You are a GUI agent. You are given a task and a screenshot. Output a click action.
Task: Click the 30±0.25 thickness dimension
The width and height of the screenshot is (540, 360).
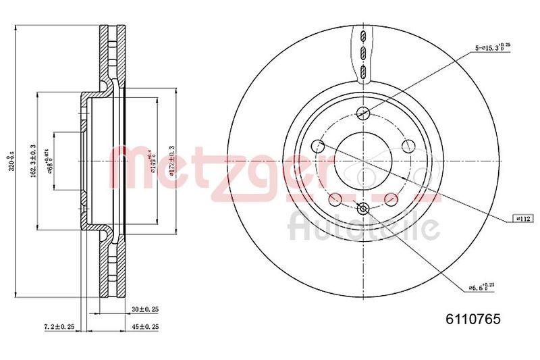click(x=144, y=309)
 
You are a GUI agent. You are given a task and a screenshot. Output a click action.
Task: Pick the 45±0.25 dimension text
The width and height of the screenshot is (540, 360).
click(x=144, y=327)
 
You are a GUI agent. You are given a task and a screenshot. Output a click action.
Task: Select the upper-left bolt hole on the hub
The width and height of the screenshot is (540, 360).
click(x=317, y=146)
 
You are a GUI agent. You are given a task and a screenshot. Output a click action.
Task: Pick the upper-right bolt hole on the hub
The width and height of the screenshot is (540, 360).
click(x=408, y=146)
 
